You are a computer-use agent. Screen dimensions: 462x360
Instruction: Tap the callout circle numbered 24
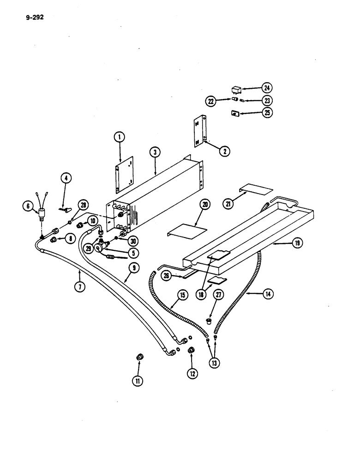coord(267,88)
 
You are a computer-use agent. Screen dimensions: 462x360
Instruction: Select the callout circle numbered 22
coord(211,100)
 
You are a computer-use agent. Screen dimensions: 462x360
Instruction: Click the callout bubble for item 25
coord(267,112)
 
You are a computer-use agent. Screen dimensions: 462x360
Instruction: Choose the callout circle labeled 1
coord(119,137)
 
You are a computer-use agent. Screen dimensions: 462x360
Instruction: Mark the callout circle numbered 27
coord(218,295)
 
